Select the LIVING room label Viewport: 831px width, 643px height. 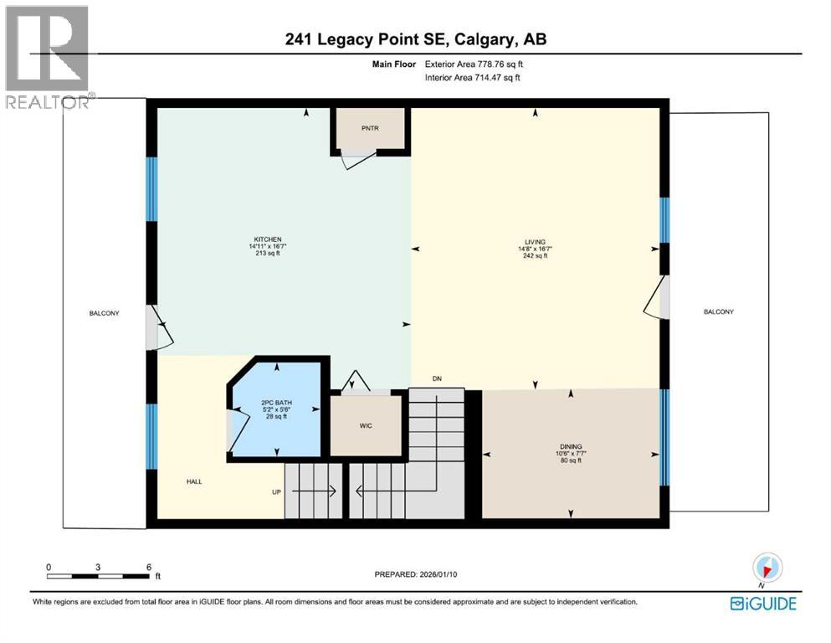535,242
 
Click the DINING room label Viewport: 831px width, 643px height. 571,446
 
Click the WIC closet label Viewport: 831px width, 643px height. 366,426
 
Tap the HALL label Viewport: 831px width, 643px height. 195,481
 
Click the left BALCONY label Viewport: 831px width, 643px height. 105,313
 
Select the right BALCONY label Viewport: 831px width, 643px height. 718,311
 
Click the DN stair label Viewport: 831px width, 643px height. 436,379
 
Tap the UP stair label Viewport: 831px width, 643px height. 276,491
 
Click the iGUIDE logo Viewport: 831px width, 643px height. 762,603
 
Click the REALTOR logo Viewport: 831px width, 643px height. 47,57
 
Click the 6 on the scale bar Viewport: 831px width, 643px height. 148,567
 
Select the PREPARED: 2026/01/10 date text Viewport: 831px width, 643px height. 416,574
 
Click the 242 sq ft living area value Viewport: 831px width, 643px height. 535,256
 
